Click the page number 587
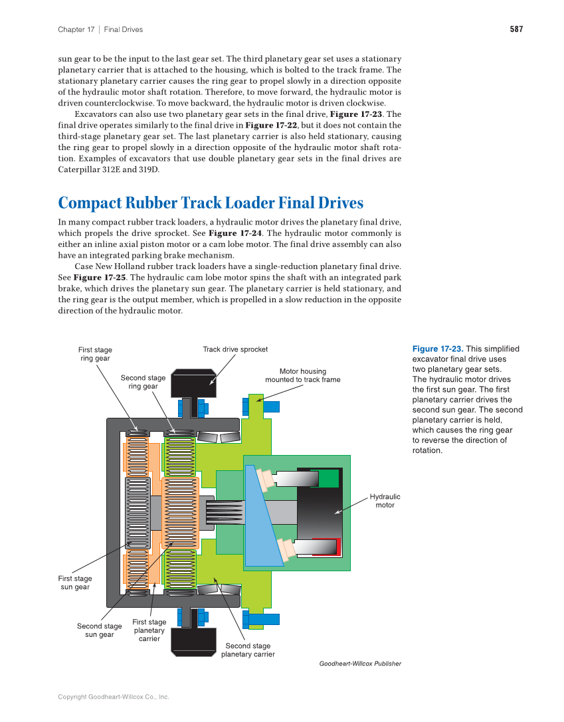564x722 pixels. [x=516, y=29]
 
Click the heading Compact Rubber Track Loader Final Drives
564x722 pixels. [x=211, y=203]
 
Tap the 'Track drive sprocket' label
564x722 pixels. [x=235, y=349]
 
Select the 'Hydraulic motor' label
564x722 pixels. [x=385, y=501]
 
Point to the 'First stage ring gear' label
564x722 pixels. [x=95, y=354]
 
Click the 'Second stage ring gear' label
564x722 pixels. [x=143, y=382]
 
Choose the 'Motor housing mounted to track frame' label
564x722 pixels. [x=302, y=376]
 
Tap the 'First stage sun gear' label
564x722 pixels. [x=75, y=583]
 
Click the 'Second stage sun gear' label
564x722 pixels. [x=99, y=630]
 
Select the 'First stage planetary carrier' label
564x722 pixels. [x=149, y=630]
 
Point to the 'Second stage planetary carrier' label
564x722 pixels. [x=248, y=650]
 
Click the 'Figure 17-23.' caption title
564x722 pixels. [x=438, y=349]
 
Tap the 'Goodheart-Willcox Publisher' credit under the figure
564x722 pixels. [x=360, y=664]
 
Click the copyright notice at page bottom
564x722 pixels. [x=114, y=697]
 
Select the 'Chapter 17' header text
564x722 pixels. [x=76, y=29]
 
